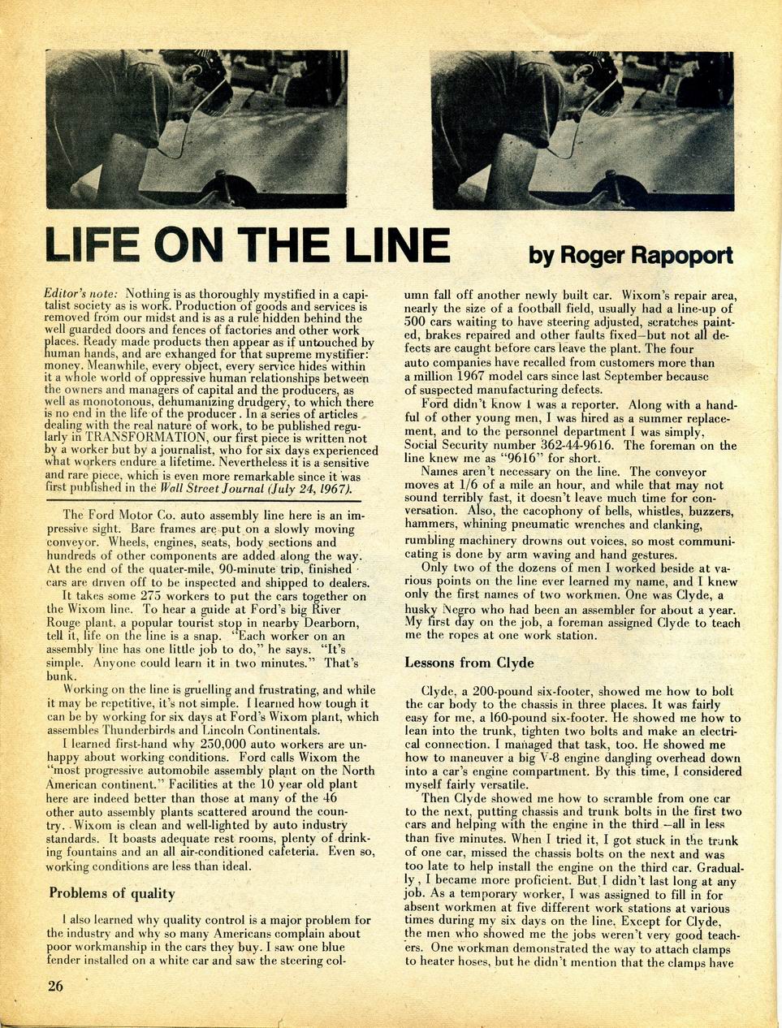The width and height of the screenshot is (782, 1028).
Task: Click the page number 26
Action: pyautogui.click(x=54, y=986)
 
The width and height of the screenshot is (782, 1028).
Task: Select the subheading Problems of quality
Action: pyautogui.click(x=112, y=893)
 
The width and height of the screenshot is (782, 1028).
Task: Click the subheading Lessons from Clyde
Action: pyautogui.click(x=469, y=663)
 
